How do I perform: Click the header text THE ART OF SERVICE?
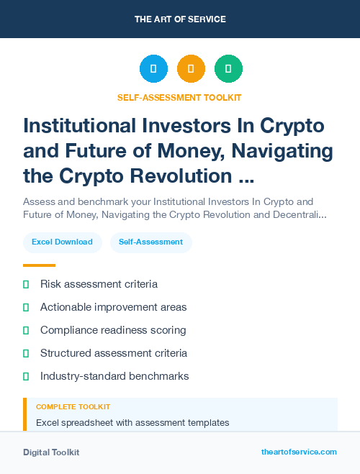pos(180,19)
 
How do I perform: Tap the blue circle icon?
pos(153,69)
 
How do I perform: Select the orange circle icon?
pos(191,69)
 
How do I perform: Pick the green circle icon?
pos(228,69)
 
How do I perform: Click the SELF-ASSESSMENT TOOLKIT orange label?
pos(180,97)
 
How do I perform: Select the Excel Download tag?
pos(62,242)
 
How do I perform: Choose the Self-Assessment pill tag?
pos(150,242)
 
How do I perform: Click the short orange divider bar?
pos(39,265)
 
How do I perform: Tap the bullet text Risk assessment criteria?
pos(99,284)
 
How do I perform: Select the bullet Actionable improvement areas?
pos(113,307)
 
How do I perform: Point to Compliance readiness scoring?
pos(113,330)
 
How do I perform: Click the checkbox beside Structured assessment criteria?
pos(26,353)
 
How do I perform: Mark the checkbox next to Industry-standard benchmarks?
pos(26,376)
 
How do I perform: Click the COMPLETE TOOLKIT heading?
pos(73,407)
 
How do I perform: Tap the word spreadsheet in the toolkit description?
pos(89,423)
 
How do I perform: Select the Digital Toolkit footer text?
pos(51,452)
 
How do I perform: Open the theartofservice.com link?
pos(299,452)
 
